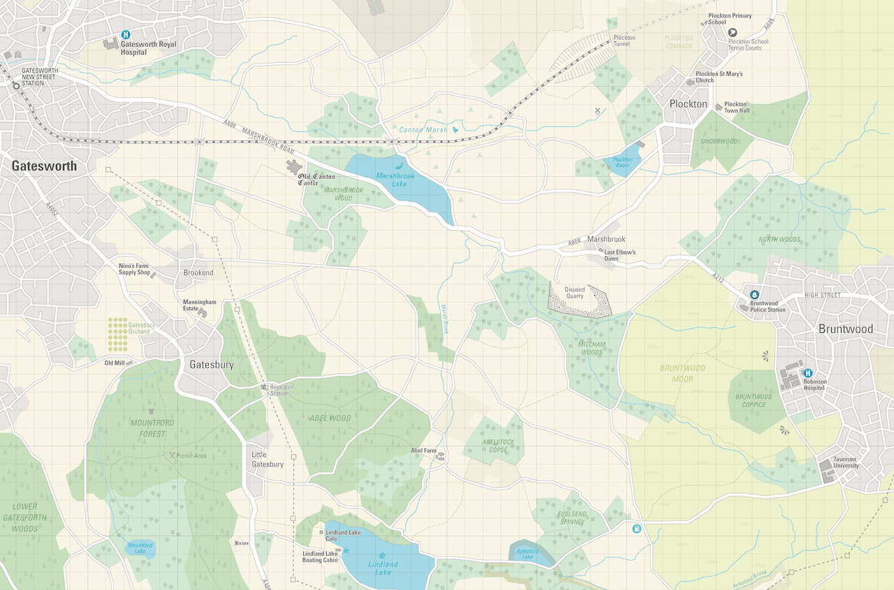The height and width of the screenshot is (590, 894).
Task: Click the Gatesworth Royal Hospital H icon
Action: tap(126, 34)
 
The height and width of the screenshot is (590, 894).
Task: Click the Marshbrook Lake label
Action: tap(395, 180)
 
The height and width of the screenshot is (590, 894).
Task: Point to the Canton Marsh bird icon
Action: tap(456, 129)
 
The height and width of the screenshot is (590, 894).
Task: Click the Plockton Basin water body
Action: tap(622, 164)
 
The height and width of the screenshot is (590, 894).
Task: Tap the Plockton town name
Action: tap(688, 104)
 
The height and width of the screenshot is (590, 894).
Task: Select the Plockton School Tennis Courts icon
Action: tap(733, 32)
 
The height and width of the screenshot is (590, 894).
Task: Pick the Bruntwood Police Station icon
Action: tap(754, 295)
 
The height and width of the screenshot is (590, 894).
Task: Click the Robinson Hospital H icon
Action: tap(808, 373)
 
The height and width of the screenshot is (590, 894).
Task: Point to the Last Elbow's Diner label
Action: tap(620, 255)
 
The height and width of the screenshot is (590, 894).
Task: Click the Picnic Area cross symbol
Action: tap(172, 455)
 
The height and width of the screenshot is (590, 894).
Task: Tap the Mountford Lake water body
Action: tap(140, 548)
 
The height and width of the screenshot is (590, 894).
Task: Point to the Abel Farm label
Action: tap(423, 451)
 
